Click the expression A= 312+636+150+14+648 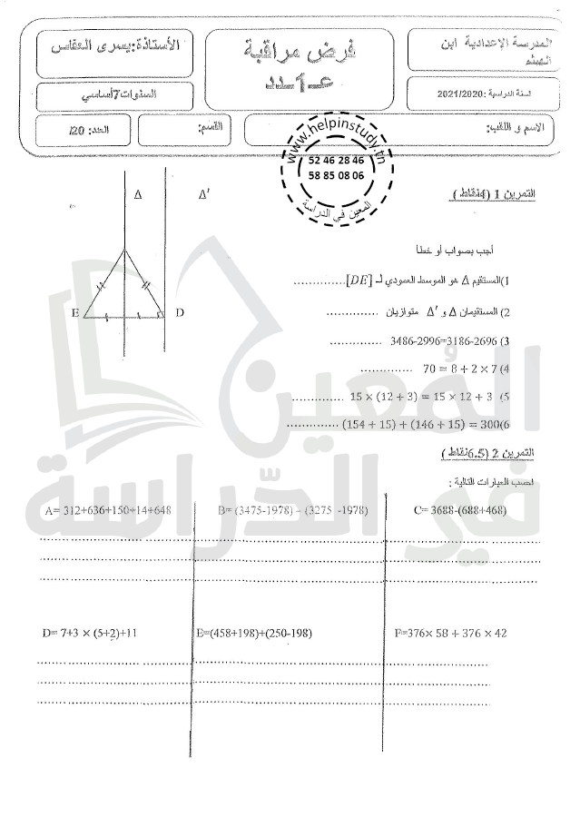(107, 511)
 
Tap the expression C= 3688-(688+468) (459, 511)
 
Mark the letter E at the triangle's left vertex (74, 313)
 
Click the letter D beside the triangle (180, 313)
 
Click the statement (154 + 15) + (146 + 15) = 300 (400, 424)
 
